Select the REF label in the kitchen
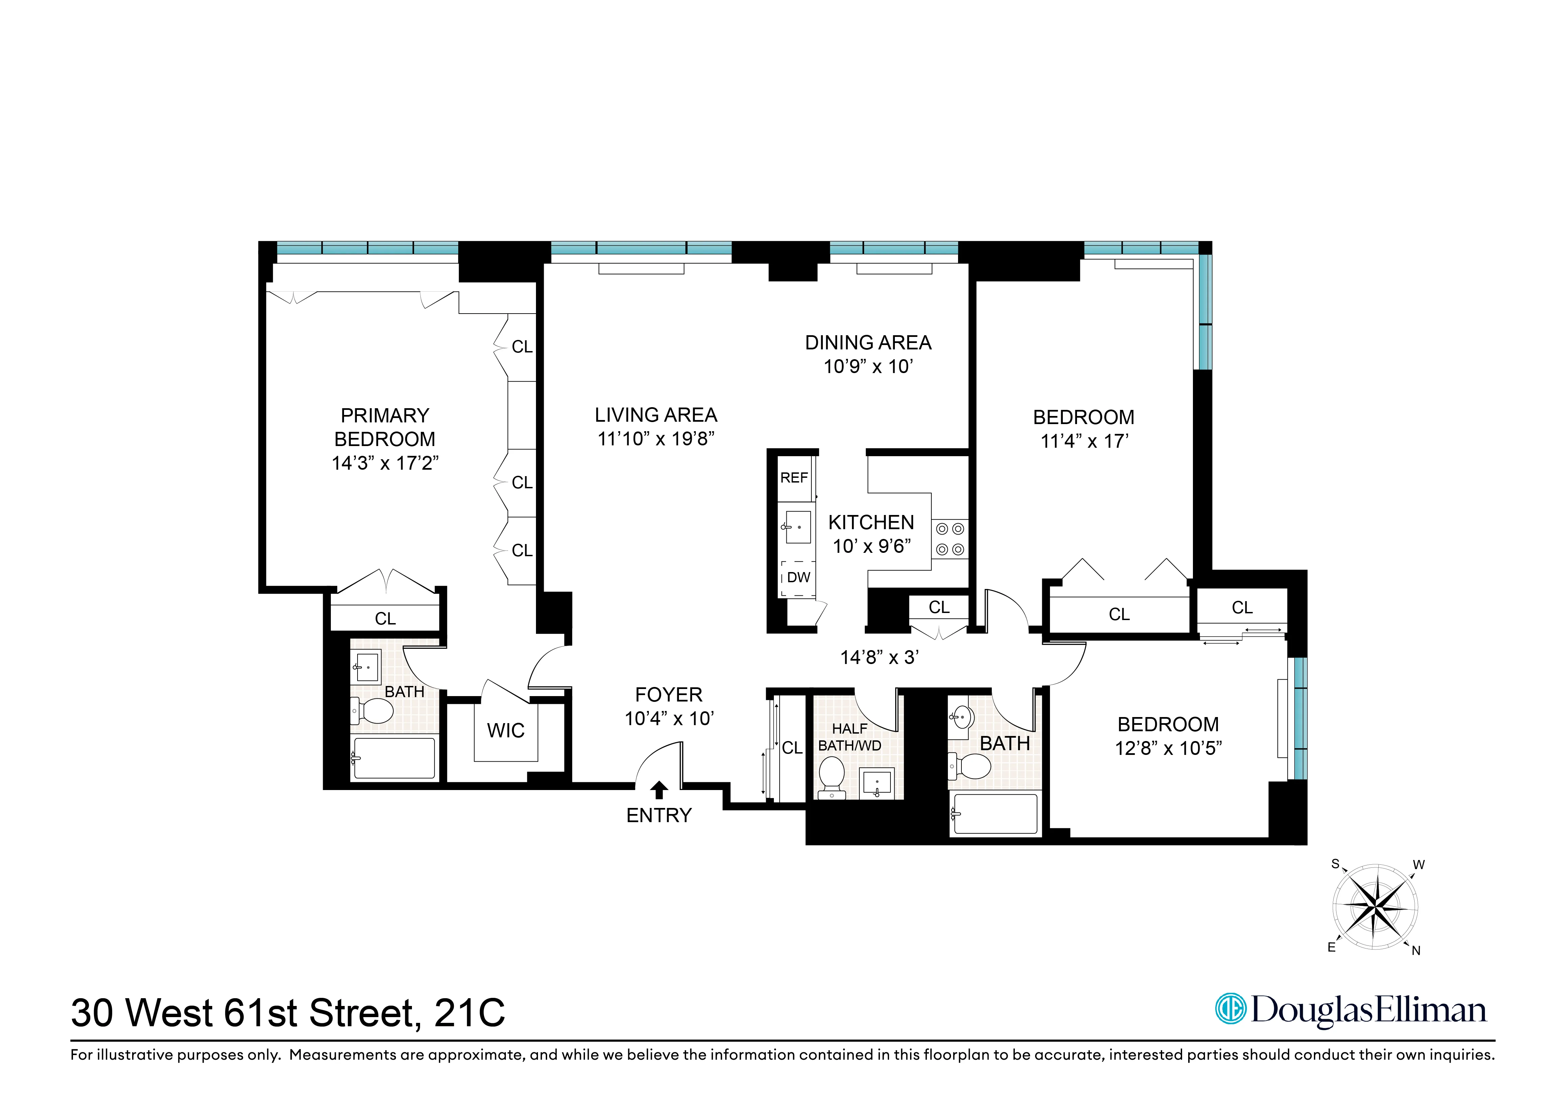(x=794, y=477)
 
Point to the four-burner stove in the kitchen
(x=949, y=539)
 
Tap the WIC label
(x=506, y=731)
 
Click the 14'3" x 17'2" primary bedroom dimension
(x=385, y=463)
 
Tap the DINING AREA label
(x=867, y=342)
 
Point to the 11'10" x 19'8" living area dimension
(x=656, y=439)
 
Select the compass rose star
(x=1374, y=907)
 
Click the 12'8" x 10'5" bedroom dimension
(x=1168, y=748)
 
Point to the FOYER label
(x=668, y=694)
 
